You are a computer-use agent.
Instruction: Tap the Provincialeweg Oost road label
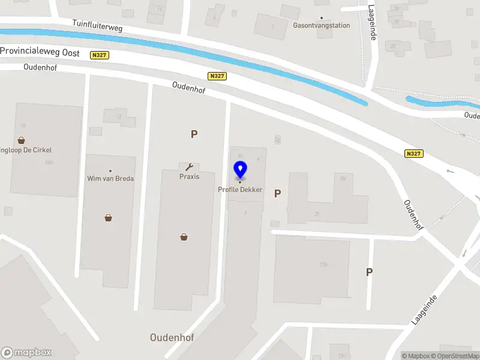pos(40,52)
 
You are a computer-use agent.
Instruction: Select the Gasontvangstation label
pos(321,26)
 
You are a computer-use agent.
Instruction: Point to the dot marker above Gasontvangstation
pos(321,18)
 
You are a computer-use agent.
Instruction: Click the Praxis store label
pos(189,176)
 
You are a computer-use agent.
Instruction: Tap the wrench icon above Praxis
pos(189,167)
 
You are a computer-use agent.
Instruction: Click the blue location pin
pos(240,169)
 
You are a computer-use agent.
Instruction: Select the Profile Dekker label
pos(240,190)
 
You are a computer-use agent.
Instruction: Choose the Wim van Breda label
pos(110,178)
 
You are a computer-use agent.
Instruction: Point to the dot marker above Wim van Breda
pos(110,171)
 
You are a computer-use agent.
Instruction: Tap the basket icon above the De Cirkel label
pos(22,140)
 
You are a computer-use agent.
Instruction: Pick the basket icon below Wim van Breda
pos(108,218)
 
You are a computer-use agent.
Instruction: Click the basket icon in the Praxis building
pos(184,237)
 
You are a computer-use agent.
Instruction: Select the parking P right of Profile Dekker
pos(277,194)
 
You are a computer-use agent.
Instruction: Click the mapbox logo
pos(26,352)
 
